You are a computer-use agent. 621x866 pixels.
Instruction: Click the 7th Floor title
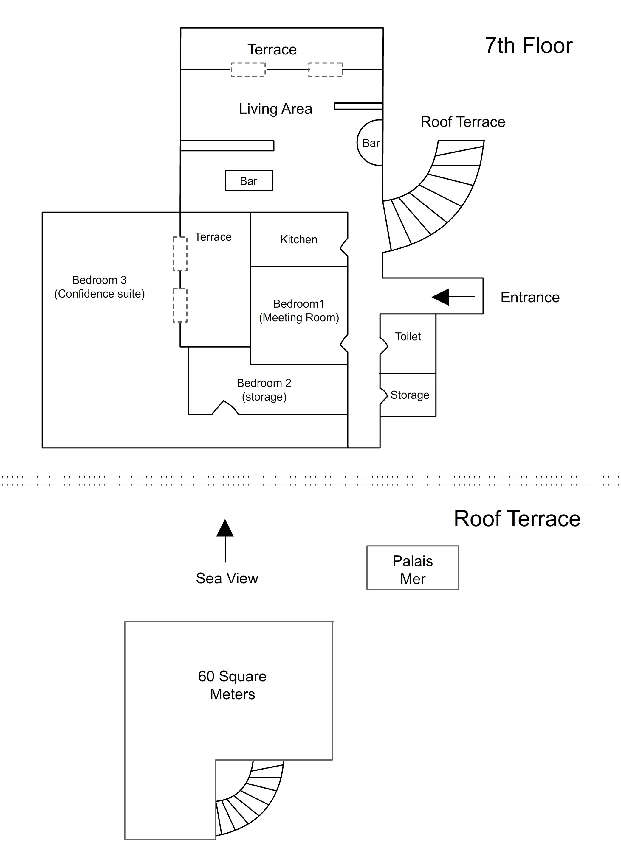(x=528, y=46)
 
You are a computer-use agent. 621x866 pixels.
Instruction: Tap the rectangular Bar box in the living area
(x=248, y=180)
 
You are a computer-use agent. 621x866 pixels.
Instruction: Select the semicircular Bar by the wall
(x=370, y=143)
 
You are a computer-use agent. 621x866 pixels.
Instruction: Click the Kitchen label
(x=298, y=239)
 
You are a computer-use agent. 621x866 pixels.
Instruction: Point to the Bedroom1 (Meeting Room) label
(x=298, y=310)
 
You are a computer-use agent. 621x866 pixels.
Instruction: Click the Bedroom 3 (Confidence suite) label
(x=99, y=287)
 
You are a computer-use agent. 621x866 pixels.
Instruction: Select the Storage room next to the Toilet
(x=409, y=395)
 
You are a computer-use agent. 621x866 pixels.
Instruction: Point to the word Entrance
(x=530, y=297)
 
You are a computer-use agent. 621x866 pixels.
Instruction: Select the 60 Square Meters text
(x=232, y=685)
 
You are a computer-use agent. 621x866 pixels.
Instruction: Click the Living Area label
(x=275, y=109)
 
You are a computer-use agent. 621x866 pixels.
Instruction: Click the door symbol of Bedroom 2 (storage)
(x=225, y=408)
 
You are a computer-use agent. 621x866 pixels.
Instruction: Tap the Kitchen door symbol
(x=344, y=247)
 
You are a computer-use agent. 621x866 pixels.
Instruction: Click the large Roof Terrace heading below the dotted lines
(x=517, y=518)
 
